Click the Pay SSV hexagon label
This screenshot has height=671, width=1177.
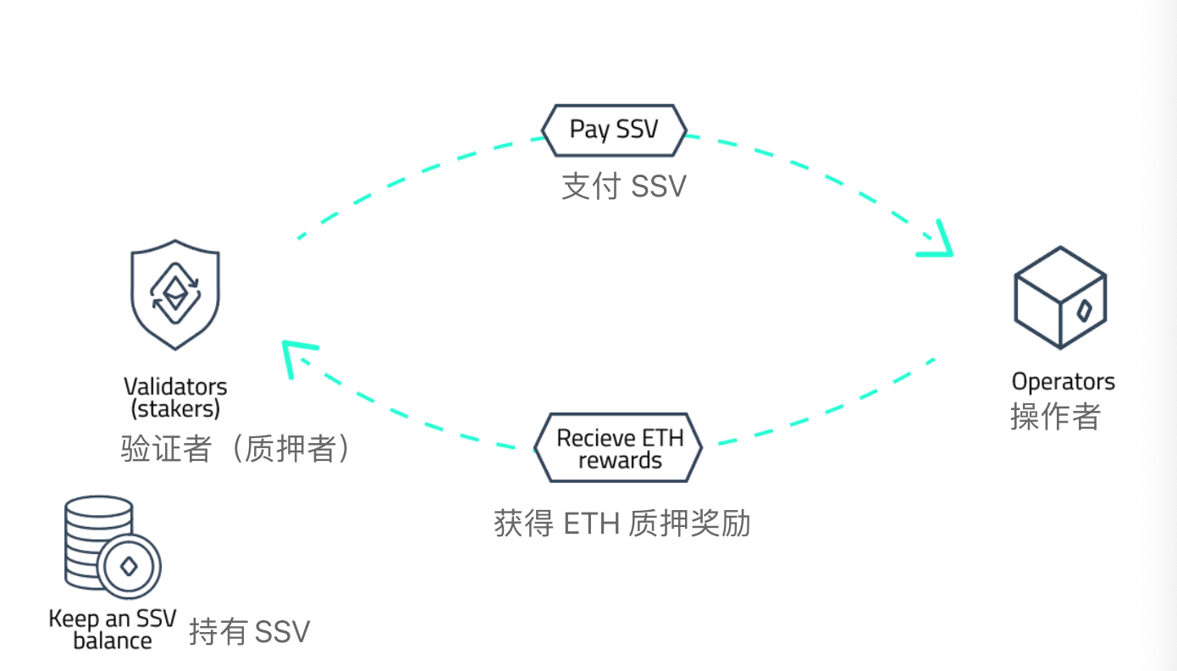pos(614,130)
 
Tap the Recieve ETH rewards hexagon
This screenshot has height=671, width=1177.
pos(619,448)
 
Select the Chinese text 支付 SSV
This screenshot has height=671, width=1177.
pos(623,186)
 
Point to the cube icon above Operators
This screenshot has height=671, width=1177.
pos(1060,297)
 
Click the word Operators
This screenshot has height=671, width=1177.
pos(1064,382)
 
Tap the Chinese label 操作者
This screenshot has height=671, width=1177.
pos(1055,416)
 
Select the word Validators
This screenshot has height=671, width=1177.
pos(175,387)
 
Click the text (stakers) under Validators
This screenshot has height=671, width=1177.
pos(175,408)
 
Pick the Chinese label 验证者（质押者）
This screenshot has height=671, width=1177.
pos(235,449)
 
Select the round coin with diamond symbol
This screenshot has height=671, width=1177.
pos(129,566)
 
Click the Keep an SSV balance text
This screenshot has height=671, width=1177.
pos(112,629)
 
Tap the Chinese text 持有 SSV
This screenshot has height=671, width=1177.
pos(249,632)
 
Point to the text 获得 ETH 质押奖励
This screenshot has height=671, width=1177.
pos(622,524)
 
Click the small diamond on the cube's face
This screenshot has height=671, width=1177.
pos(1083,311)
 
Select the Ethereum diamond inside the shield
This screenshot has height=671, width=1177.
pos(175,292)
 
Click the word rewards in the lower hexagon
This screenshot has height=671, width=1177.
pos(620,461)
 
